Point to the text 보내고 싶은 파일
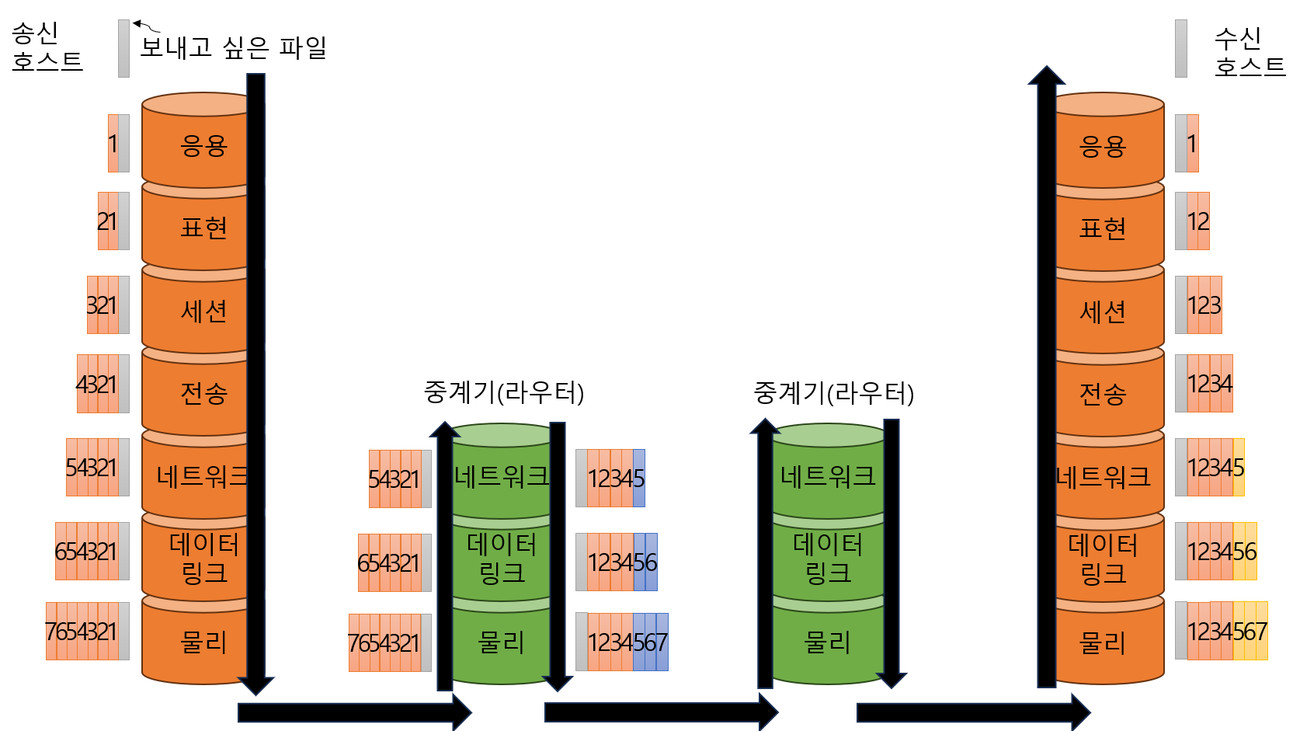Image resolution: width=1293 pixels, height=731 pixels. tap(234, 47)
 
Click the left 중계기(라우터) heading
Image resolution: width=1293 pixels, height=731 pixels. tap(504, 392)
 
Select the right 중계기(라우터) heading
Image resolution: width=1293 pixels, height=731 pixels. tap(833, 393)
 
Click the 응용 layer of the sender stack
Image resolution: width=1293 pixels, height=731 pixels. tap(196, 144)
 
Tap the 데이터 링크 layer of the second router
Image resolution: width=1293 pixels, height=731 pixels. tap(828, 559)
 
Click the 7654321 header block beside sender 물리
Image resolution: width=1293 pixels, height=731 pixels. tap(88, 631)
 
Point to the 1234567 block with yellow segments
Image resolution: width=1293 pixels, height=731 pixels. tap(1222, 631)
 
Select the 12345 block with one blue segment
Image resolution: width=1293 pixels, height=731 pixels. tap(610, 478)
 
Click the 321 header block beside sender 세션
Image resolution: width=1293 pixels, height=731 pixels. tap(108, 305)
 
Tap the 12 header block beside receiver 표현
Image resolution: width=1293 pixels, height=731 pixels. tap(1192, 221)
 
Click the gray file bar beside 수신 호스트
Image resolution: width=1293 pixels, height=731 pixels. tap(1181, 48)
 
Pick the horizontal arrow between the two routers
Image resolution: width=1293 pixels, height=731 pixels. tap(662, 712)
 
